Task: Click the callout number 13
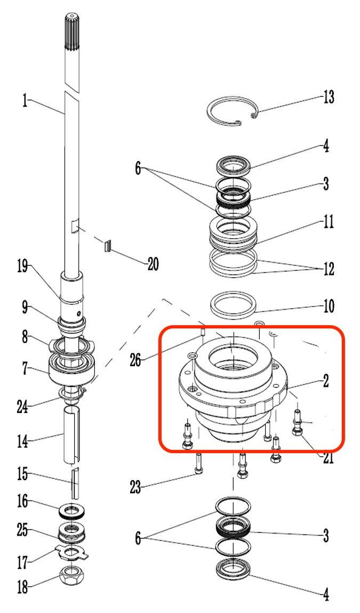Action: coord(329,96)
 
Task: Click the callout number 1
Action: coord(26,101)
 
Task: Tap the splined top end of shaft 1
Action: coord(71,33)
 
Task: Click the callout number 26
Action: coord(135,360)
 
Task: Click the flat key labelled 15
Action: coord(75,483)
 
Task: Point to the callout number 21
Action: coord(328,457)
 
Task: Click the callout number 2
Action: coord(325,381)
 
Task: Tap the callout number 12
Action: coord(329,269)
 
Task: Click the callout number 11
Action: coord(329,222)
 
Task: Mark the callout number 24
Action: coord(23,406)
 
